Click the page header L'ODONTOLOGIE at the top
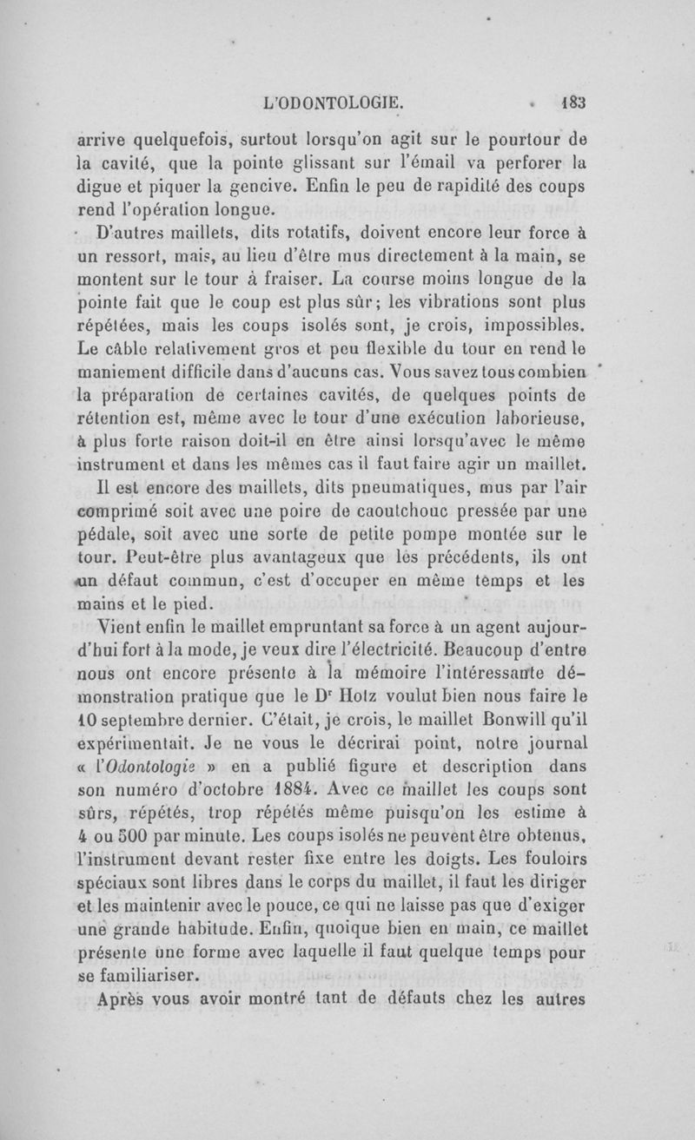pyautogui.click(x=333, y=102)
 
